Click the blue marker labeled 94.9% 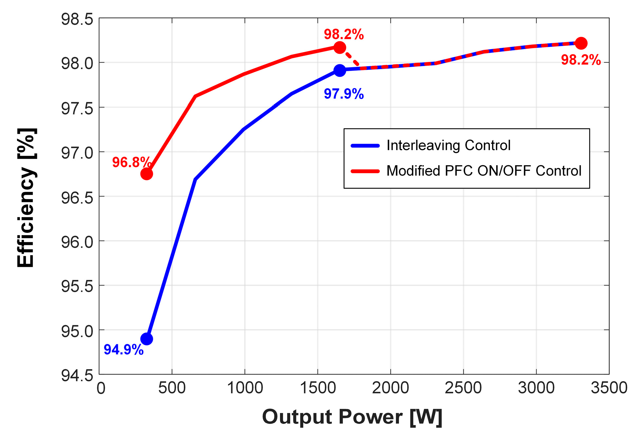(x=146, y=339)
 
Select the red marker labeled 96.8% (x=146, y=174)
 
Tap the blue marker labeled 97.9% (x=340, y=70)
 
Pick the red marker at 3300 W (x=581, y=43)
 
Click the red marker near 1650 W (x=340, y=48)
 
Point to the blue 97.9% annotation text (x=344, y=94)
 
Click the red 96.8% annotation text (x=131, y=162)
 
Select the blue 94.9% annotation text (x=123, y=350)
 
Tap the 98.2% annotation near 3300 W (x=581, y=60)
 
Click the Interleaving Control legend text (x=448, y=145)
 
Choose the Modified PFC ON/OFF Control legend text (x=483, y=171)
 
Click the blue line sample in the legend (x=365, y=146)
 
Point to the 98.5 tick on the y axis (x=77, y=19)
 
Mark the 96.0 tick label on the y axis (x=77, y=242)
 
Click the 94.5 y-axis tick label (x=77, y=375)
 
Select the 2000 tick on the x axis (x=390, y=388)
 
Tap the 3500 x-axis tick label (x=609, y=388)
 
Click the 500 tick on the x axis (x=172, y=388)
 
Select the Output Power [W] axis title (x=352, y=417)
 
